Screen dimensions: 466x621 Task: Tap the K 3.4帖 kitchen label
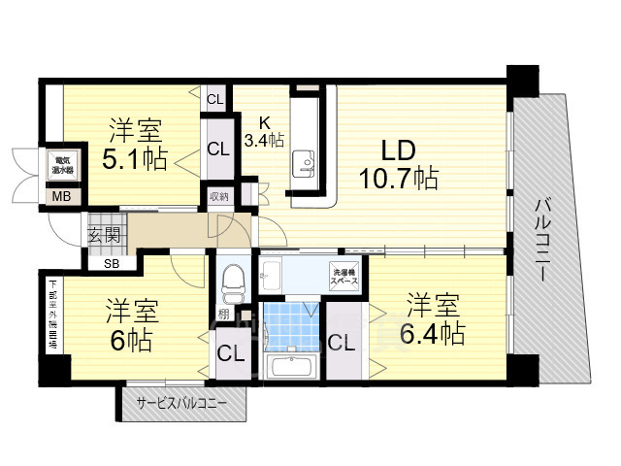tap(264, 132)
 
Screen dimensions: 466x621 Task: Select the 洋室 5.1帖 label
tap(135, 143)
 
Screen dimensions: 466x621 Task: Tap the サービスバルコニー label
tap(181, 402)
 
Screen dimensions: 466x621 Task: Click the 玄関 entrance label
tap(104, 234)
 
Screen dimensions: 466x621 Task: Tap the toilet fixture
tap(232, 282)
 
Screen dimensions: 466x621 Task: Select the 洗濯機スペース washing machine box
tap(345, 275)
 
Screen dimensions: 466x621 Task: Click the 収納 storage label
tap(218, 197)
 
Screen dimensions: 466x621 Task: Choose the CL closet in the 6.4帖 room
tap(341, 342)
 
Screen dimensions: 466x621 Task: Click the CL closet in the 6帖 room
tap(230, 352)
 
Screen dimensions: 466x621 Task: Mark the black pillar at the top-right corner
tap(522, 79)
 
